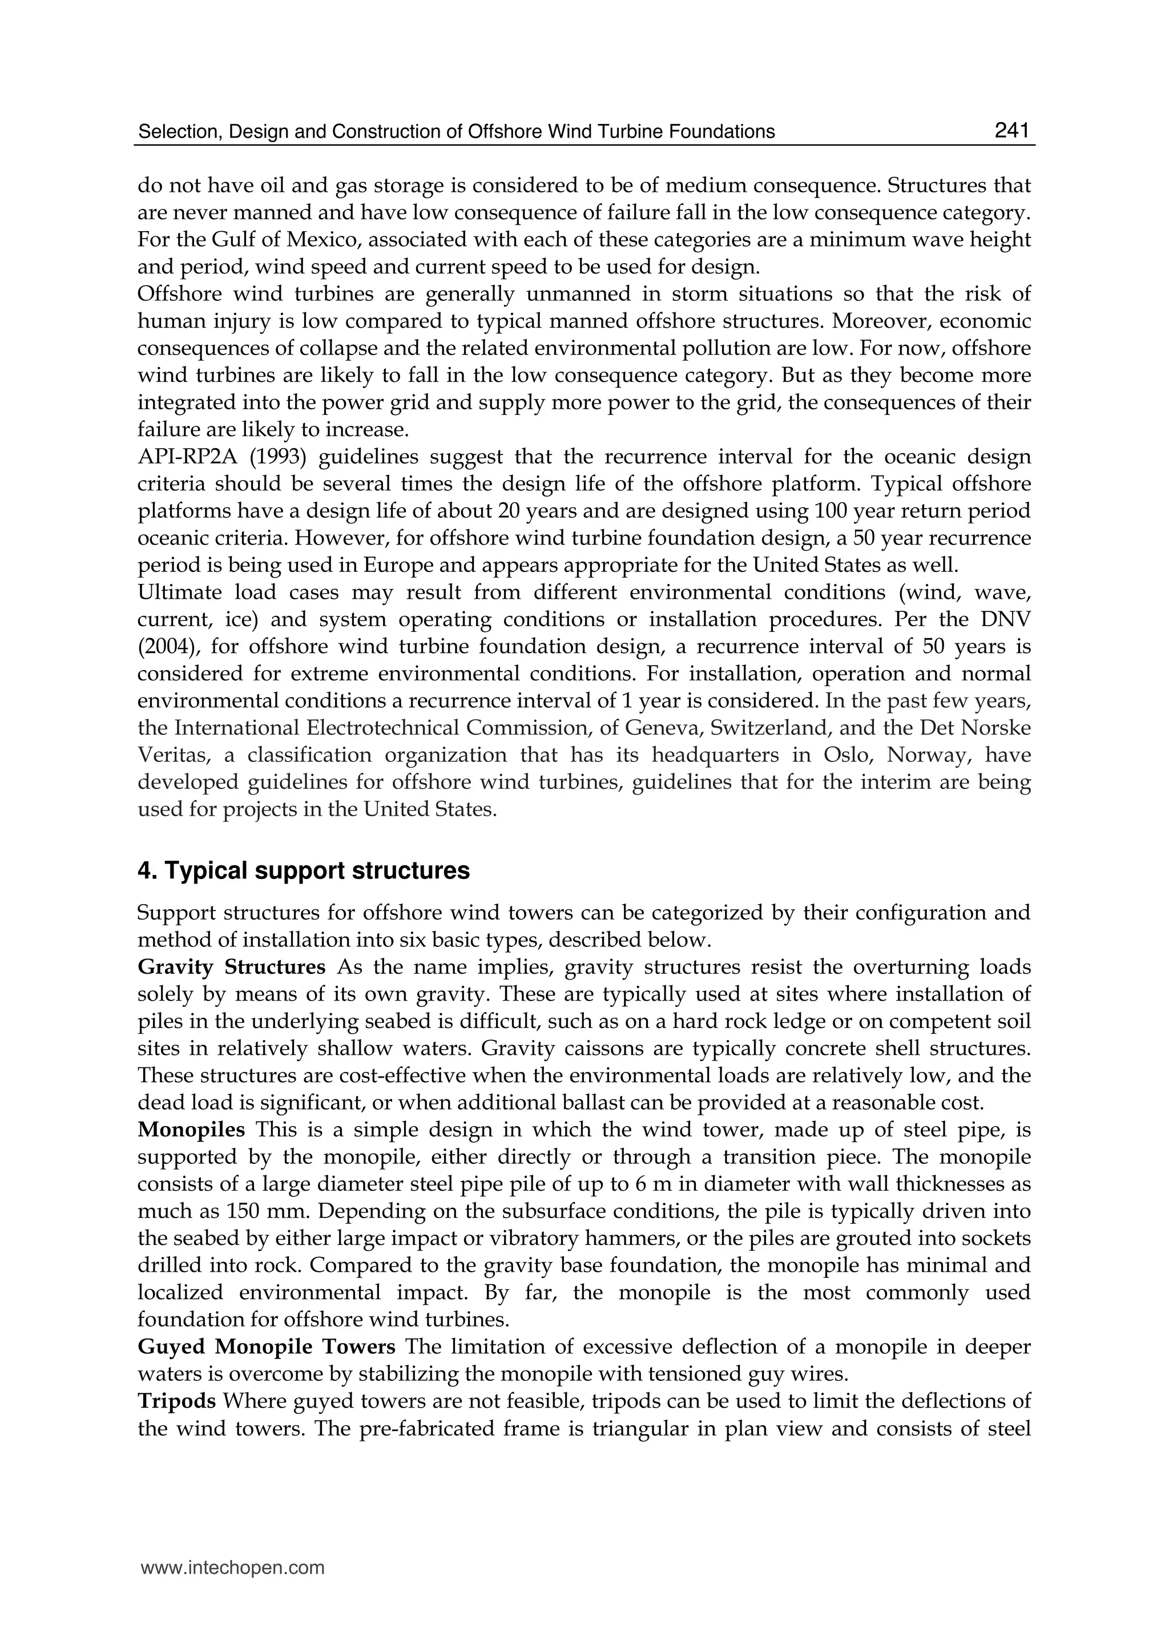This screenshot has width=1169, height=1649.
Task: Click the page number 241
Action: click(1011, 130)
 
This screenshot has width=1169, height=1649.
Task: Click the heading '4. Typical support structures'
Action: click(303, 871)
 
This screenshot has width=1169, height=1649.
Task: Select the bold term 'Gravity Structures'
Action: click(231, 967)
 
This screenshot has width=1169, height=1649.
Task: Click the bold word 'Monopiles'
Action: click(191, 1130)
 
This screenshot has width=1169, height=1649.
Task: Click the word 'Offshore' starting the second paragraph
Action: click(178, 293)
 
